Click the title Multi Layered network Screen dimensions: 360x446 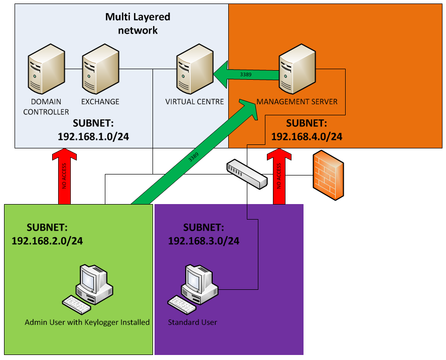(x=137, y=24)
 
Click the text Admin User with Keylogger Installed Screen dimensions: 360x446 (x=87, y=322)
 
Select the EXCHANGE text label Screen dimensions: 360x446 (x=100, y=102)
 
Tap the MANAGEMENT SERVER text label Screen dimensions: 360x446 (x=297, y=102)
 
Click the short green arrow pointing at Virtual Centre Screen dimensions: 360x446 (x=246, y=75)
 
